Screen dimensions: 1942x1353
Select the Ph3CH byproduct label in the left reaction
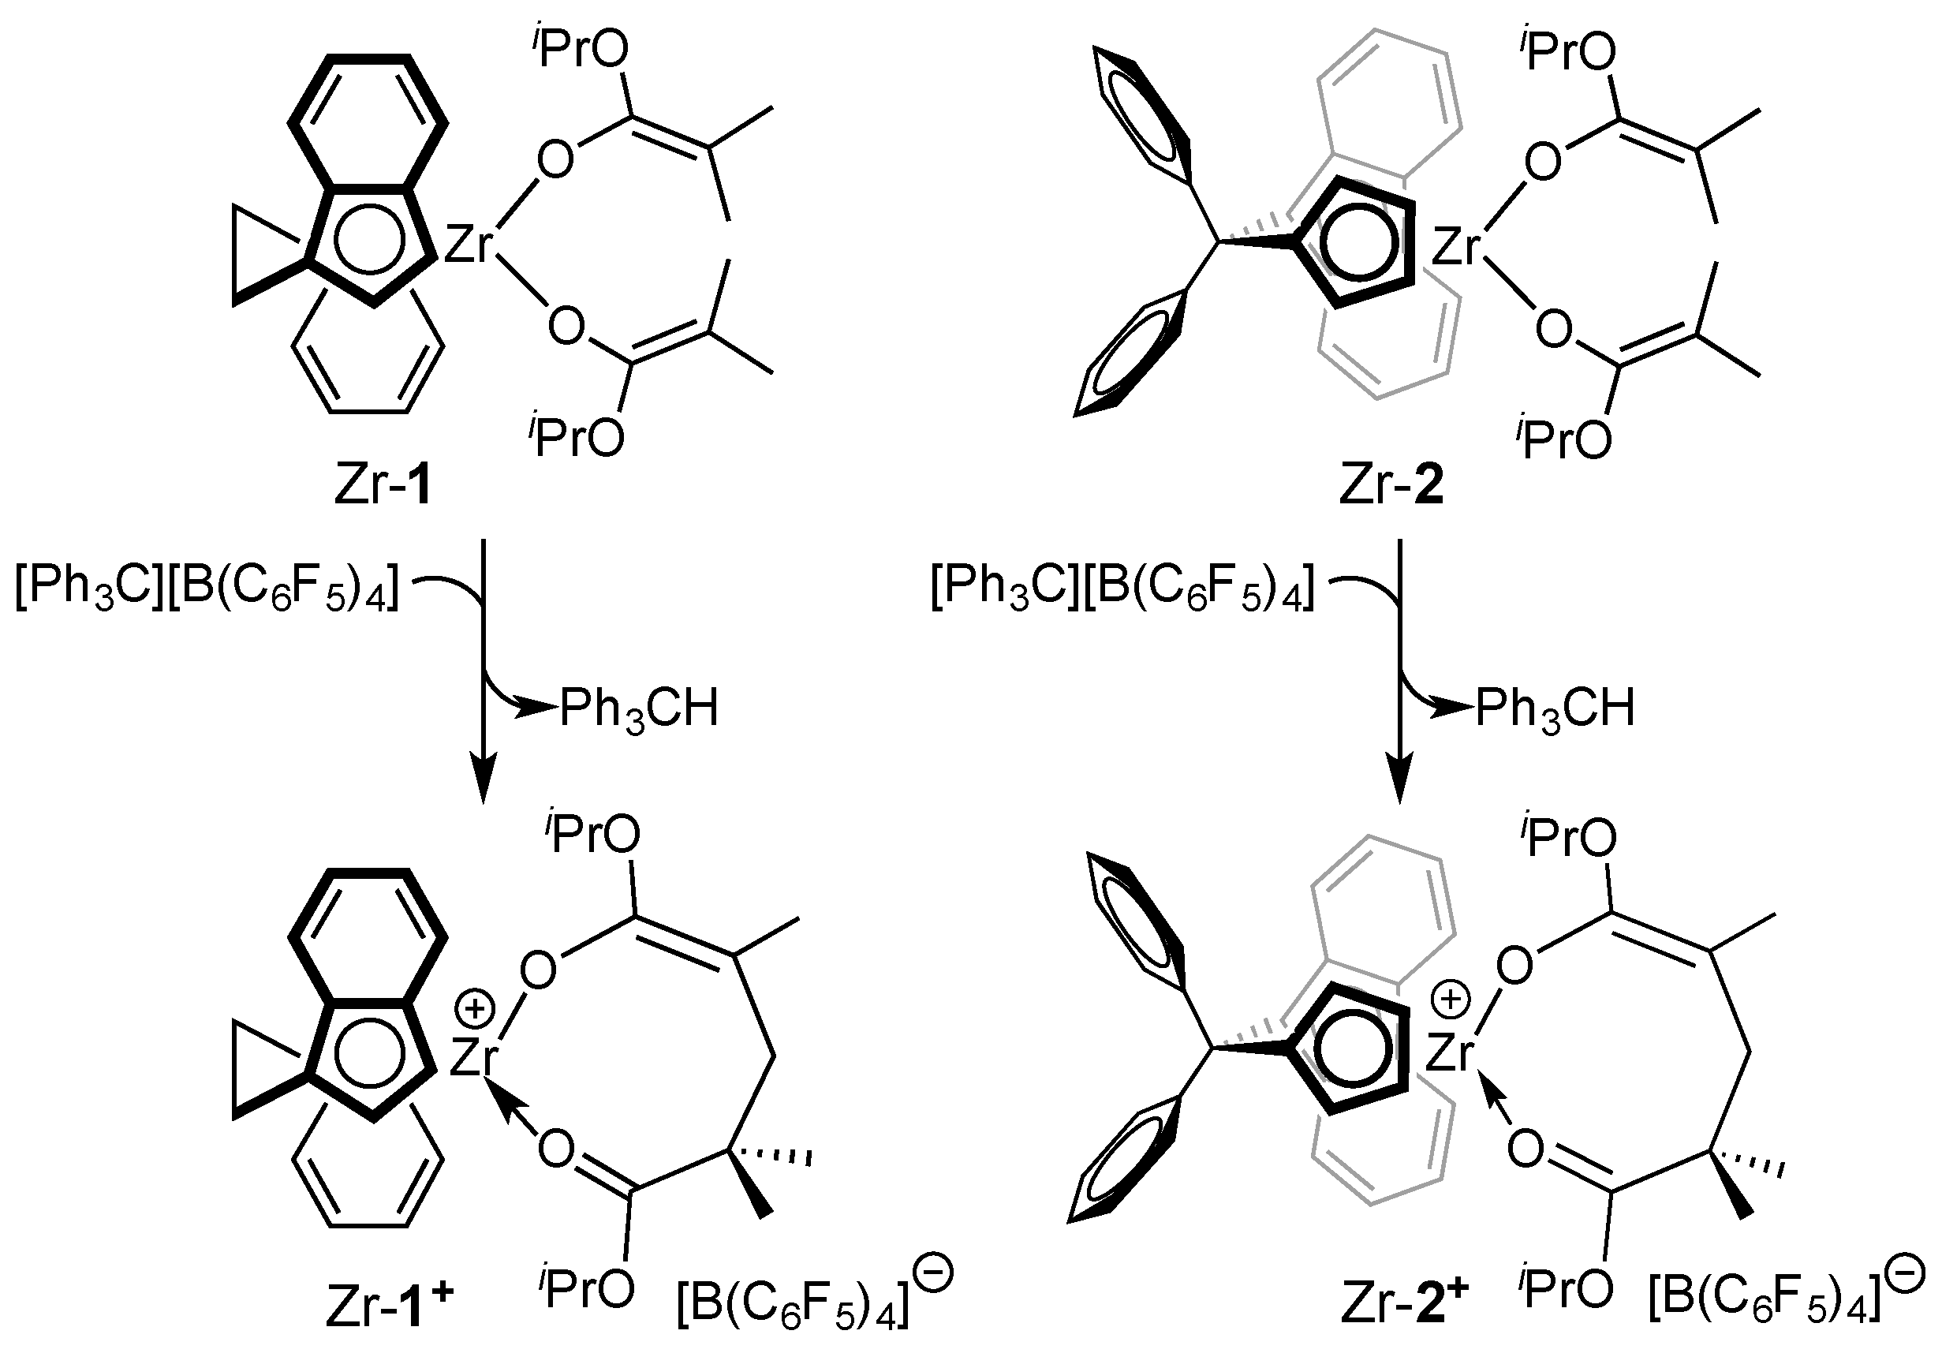pyautogui.click(x=639, y=709)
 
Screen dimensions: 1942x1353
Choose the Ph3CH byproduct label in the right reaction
pyautogui.click(x=1555, y=709)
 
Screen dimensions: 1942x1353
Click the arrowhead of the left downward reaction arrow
pyautogui.click(x=483, y=783)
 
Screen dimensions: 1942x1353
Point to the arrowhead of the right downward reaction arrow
pyautogui.click(x=1399, y=783)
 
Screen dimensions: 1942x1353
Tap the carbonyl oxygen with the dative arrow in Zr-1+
pyautogui.click(x=556, y=1150)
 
